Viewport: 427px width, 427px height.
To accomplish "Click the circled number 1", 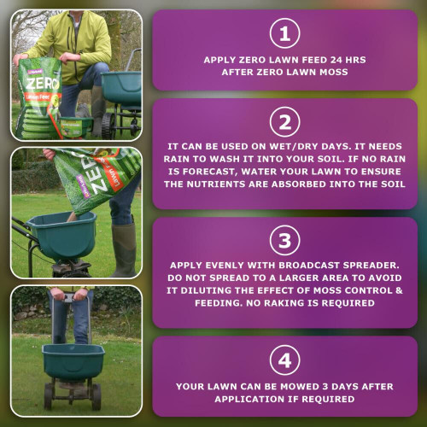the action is pyautogui.click(x=284, y=33).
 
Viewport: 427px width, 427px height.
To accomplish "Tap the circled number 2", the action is pyautogui.click(x=284, y=122).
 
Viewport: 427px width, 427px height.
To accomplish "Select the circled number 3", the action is pyautogui.click(x=284, y=241).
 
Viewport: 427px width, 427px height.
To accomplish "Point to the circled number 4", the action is pyautogui.click(x=284, y=360).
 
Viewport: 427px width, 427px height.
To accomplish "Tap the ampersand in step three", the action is pyautogui.click(x=399, y=290).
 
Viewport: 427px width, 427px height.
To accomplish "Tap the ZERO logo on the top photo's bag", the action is pyautogui.click(x=43, y=84).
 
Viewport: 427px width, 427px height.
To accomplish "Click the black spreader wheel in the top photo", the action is pyautogui.click(x=108, y=126).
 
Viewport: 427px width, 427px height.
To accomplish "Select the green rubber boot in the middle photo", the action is pyautogui.click(x=124, y=250).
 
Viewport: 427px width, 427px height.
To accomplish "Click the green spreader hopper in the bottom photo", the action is pyautogui.click(x=73, y=361).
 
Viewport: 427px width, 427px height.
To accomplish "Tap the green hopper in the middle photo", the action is pyautogui.click(x=62, y=235).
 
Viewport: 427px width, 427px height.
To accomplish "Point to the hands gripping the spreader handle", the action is pyautogui.click(x=69, y=294).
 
